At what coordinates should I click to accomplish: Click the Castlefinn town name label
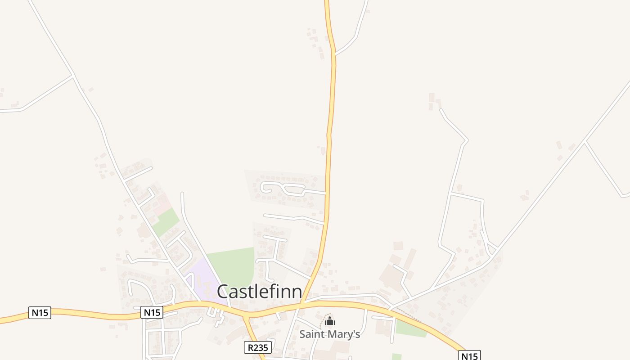[x=259, y=292]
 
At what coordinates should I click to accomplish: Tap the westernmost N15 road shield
[x=40, y=312]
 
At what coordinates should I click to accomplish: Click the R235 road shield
[x=258, y=347]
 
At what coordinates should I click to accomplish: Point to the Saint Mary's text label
[x=330, y=334]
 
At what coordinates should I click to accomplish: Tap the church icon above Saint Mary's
[x=330, y=321]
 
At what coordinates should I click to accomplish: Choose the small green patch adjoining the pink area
[x=166, y=222]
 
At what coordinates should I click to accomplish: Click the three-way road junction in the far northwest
[x=73, y=75]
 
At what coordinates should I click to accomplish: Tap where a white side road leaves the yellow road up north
[x=334, y=54]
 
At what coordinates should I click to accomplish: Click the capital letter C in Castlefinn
[x=225, y=292]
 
